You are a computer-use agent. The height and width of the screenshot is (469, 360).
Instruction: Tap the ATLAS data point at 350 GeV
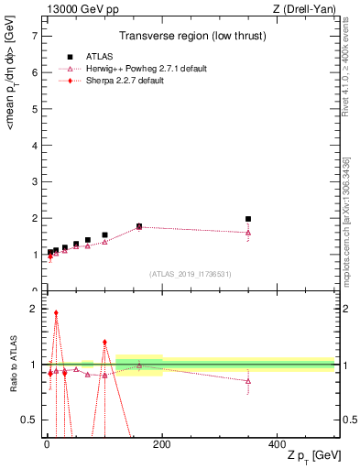pos(248,219)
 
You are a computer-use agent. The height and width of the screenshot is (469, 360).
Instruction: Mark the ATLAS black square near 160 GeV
pos(139,225)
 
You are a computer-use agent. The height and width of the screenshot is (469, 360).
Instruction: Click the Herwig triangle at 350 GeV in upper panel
pos(248,233)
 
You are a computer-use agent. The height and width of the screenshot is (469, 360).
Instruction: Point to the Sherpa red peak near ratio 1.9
pos(56,312)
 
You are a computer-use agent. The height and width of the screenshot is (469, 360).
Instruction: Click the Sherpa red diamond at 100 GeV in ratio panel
pos(104,343)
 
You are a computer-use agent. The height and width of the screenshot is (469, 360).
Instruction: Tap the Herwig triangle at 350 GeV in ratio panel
pos(248,381)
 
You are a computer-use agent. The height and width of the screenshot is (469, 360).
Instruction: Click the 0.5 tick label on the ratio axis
pos(29,420)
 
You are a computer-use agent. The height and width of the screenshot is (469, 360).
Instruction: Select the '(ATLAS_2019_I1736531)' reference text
pos(190,274)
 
